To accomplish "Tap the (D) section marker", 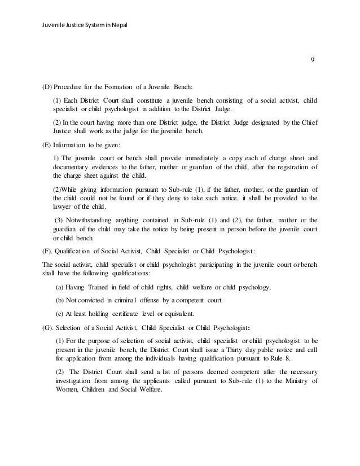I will [47, 87].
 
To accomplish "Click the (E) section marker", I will [47, 144].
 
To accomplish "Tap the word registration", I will [288, 168].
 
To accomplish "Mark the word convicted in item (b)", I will [96, 300].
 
